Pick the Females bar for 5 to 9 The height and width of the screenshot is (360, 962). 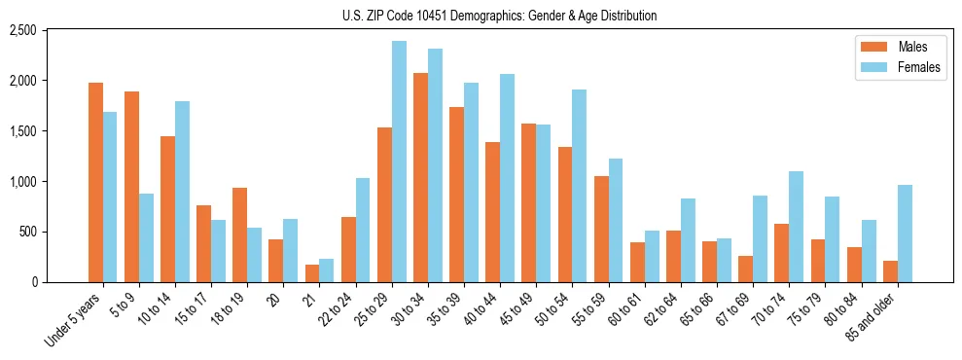146,237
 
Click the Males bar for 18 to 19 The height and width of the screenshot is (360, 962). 239,234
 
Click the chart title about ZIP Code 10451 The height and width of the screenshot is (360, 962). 499,16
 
